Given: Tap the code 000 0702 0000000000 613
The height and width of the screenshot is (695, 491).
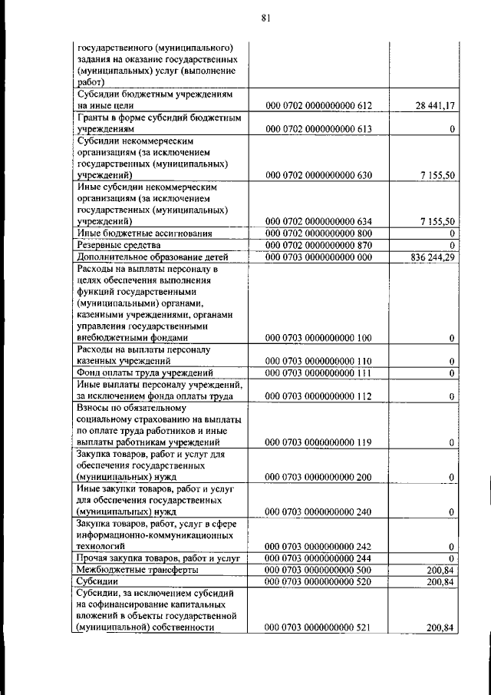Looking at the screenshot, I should coord(318,129).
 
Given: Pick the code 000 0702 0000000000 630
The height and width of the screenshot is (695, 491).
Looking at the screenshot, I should coord(318,175).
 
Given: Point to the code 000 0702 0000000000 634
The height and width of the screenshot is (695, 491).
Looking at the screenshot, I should coord(318,221).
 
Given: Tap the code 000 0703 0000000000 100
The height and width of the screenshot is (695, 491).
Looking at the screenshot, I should coord(318,337).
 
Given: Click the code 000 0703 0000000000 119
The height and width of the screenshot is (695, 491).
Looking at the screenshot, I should coord(318,442).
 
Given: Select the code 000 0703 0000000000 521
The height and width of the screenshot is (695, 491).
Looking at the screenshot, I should coord(318,628).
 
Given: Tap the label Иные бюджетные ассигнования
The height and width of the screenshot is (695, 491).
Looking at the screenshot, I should coord(145,233).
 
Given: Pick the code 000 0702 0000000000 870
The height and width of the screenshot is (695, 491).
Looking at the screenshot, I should coord(318,244).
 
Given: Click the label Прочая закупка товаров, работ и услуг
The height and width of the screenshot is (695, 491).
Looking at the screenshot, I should coord(160,558).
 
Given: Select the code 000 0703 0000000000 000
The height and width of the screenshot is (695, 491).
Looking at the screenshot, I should coord(318,256).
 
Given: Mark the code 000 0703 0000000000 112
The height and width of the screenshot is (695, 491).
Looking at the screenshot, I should coord(318,396).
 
